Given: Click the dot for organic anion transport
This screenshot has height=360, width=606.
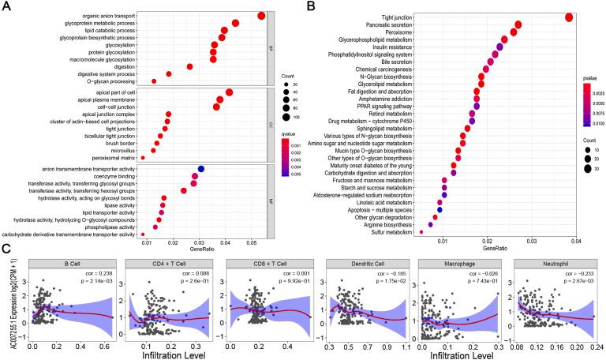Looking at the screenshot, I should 261,16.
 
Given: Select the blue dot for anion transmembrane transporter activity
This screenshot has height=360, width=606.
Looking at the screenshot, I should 200,169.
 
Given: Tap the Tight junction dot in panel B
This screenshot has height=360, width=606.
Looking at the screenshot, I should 568,17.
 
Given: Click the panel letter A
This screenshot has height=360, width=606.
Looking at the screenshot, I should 6,6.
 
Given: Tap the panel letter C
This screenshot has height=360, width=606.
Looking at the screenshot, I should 6,248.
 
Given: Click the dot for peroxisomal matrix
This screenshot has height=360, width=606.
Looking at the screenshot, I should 143,158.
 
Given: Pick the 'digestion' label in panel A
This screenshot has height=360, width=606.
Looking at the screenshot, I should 120,66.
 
